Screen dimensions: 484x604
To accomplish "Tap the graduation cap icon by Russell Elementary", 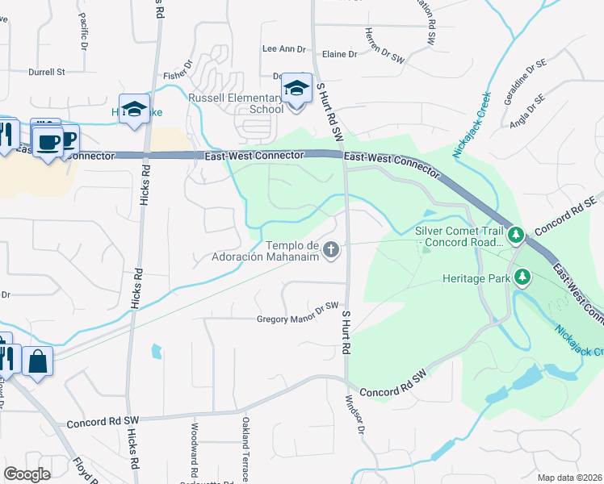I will (296, 88).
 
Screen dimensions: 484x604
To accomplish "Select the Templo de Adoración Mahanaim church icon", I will (330, 251).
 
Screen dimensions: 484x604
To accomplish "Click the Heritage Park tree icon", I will (523, 278).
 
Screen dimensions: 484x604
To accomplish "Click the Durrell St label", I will (46, 72).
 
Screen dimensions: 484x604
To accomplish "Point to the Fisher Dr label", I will (178, 70).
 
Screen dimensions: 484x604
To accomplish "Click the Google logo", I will (27, 474).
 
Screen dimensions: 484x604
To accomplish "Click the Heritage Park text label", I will (476, 278).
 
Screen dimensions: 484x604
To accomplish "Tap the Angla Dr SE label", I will (527, 112).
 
